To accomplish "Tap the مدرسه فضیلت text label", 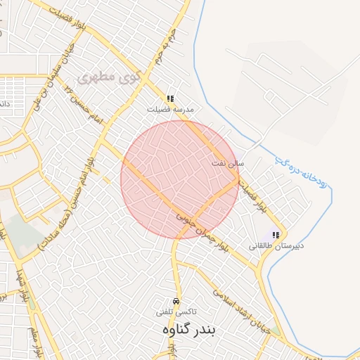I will (x=169, y=110).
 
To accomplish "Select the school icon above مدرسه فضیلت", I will (x=169, y=99).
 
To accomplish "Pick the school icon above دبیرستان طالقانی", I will (x=276, y=235).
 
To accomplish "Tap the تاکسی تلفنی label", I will (x=176, y=311).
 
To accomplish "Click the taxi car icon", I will (x=176, y=300).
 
